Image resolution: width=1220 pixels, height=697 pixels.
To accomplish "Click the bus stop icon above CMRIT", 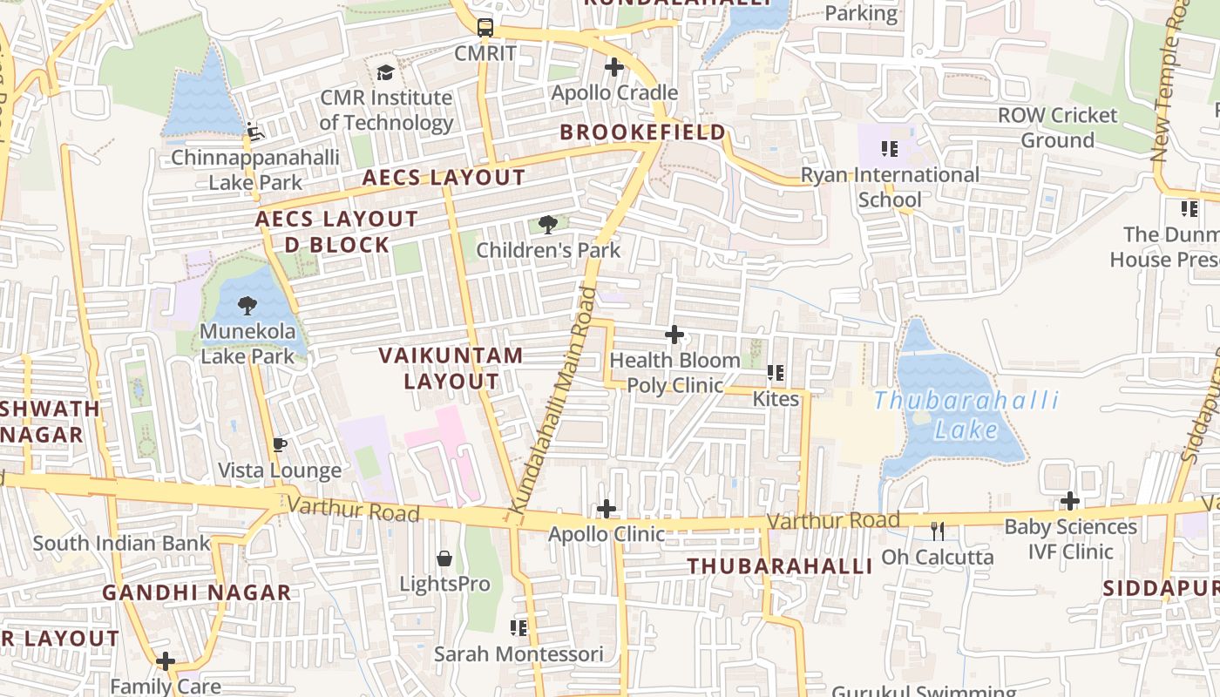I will [x=485, y=27].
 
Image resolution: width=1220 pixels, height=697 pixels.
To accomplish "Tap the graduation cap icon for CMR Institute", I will [x=385, y=72].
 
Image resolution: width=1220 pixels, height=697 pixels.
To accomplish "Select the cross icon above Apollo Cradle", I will [x=614, y=67].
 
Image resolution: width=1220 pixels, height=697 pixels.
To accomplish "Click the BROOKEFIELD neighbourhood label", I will [x=642, y=132].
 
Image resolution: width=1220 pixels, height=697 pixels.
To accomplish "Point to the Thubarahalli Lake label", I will [x=966, y=415].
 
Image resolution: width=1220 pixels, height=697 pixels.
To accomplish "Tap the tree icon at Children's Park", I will [x=548, y=226].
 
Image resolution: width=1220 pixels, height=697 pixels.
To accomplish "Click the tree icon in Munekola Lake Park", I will [x=247, y=306].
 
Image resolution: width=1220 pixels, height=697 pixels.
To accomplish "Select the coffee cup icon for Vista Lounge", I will [x=279, y=445].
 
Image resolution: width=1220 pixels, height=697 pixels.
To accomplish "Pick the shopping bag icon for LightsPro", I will [x=444, y=558].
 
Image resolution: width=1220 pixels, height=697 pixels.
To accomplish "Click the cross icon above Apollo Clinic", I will [x=607, y=509].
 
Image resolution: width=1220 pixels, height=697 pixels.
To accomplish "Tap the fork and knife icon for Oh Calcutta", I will [x=938, y=531].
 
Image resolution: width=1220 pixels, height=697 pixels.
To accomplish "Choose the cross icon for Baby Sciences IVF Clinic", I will [x=1070, y=501].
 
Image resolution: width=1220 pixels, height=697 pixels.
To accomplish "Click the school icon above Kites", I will [x=775, y=373].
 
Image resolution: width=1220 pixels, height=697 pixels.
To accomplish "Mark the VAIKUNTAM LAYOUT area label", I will [x=451, y=368].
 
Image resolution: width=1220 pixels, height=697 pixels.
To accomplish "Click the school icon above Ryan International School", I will [x=889, y=149].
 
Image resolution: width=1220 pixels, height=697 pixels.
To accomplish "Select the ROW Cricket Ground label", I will [x=1057, y=127].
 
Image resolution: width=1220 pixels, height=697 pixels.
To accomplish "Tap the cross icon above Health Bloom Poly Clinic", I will [x=674, y=335].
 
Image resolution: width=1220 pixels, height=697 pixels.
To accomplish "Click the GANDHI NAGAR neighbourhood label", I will [x=197, y=593].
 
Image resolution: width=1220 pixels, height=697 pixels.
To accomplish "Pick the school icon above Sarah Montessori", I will [x=518, y=627].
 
